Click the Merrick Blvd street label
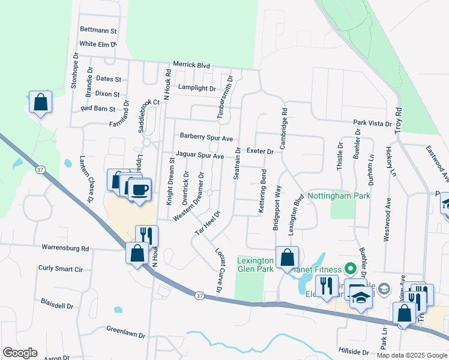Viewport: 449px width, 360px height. pos(191,64)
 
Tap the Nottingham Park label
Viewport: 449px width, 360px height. pos(339,196)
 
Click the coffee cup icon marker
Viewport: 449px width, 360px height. pos(140,190)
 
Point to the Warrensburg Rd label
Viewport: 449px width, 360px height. pos(65,247)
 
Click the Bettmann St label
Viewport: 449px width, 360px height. pos(98,30)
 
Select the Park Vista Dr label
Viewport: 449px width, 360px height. pos(372,123)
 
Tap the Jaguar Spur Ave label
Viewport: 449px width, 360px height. pos(199,156)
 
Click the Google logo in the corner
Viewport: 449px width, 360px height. pos(20,353)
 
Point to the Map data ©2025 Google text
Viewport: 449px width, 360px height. pos(412,355)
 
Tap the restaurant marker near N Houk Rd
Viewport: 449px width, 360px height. pos(146,235)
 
